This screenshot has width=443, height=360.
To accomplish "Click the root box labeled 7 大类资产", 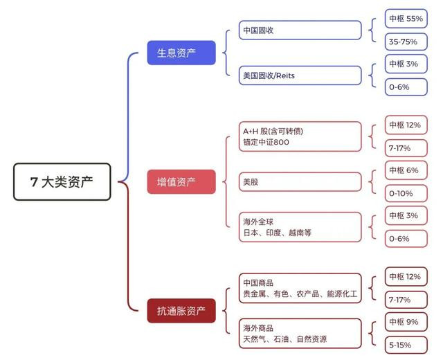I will pos(62,182).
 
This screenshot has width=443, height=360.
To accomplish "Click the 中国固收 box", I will pos(301,30).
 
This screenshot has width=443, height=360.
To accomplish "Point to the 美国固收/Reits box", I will pos(301,75).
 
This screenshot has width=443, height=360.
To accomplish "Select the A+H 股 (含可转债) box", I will pos(301,136).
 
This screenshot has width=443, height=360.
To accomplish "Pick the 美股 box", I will pos(301,181).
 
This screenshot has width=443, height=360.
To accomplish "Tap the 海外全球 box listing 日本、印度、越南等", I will pos(301,227).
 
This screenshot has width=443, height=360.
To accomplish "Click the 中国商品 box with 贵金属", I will pos(301,288).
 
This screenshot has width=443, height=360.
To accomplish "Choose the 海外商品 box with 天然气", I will pos(301,333).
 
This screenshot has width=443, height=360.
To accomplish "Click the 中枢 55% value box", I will pos(405,19).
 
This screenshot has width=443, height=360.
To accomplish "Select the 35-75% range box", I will pos(405,42).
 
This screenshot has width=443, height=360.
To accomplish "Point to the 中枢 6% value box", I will pos(405,170).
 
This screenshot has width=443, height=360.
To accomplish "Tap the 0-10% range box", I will pos(405,193).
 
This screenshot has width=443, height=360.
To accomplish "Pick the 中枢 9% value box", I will pos(405,322).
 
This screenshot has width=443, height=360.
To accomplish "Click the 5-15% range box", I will pos(405,345).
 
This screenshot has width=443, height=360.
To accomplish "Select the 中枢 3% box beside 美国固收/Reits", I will pos(405,64).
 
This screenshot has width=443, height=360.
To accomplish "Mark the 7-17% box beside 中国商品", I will pos(405,299).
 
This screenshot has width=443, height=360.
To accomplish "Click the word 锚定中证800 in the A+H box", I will pos(266,143).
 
